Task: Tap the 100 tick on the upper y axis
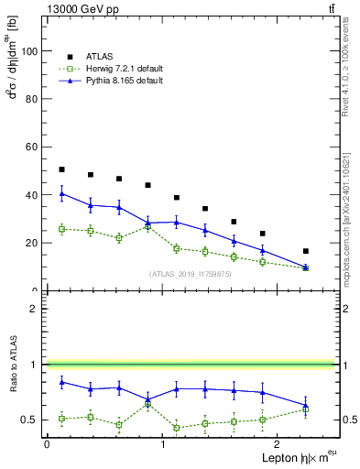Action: pyautogui.click(x=29, y=51)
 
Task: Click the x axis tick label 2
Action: pyautogui.click(x=278, y=444)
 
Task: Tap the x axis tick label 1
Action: pyautogui.click(x=162, y=444)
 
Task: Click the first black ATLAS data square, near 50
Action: pyautogui.click(x=61, y=169)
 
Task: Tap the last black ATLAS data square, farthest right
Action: pyautogui.click(x=306, y=251)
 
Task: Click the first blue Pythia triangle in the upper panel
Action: pyautogui.click(x=61, y=193)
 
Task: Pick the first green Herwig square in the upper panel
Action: pyautogui.click(x=61, y=229)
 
